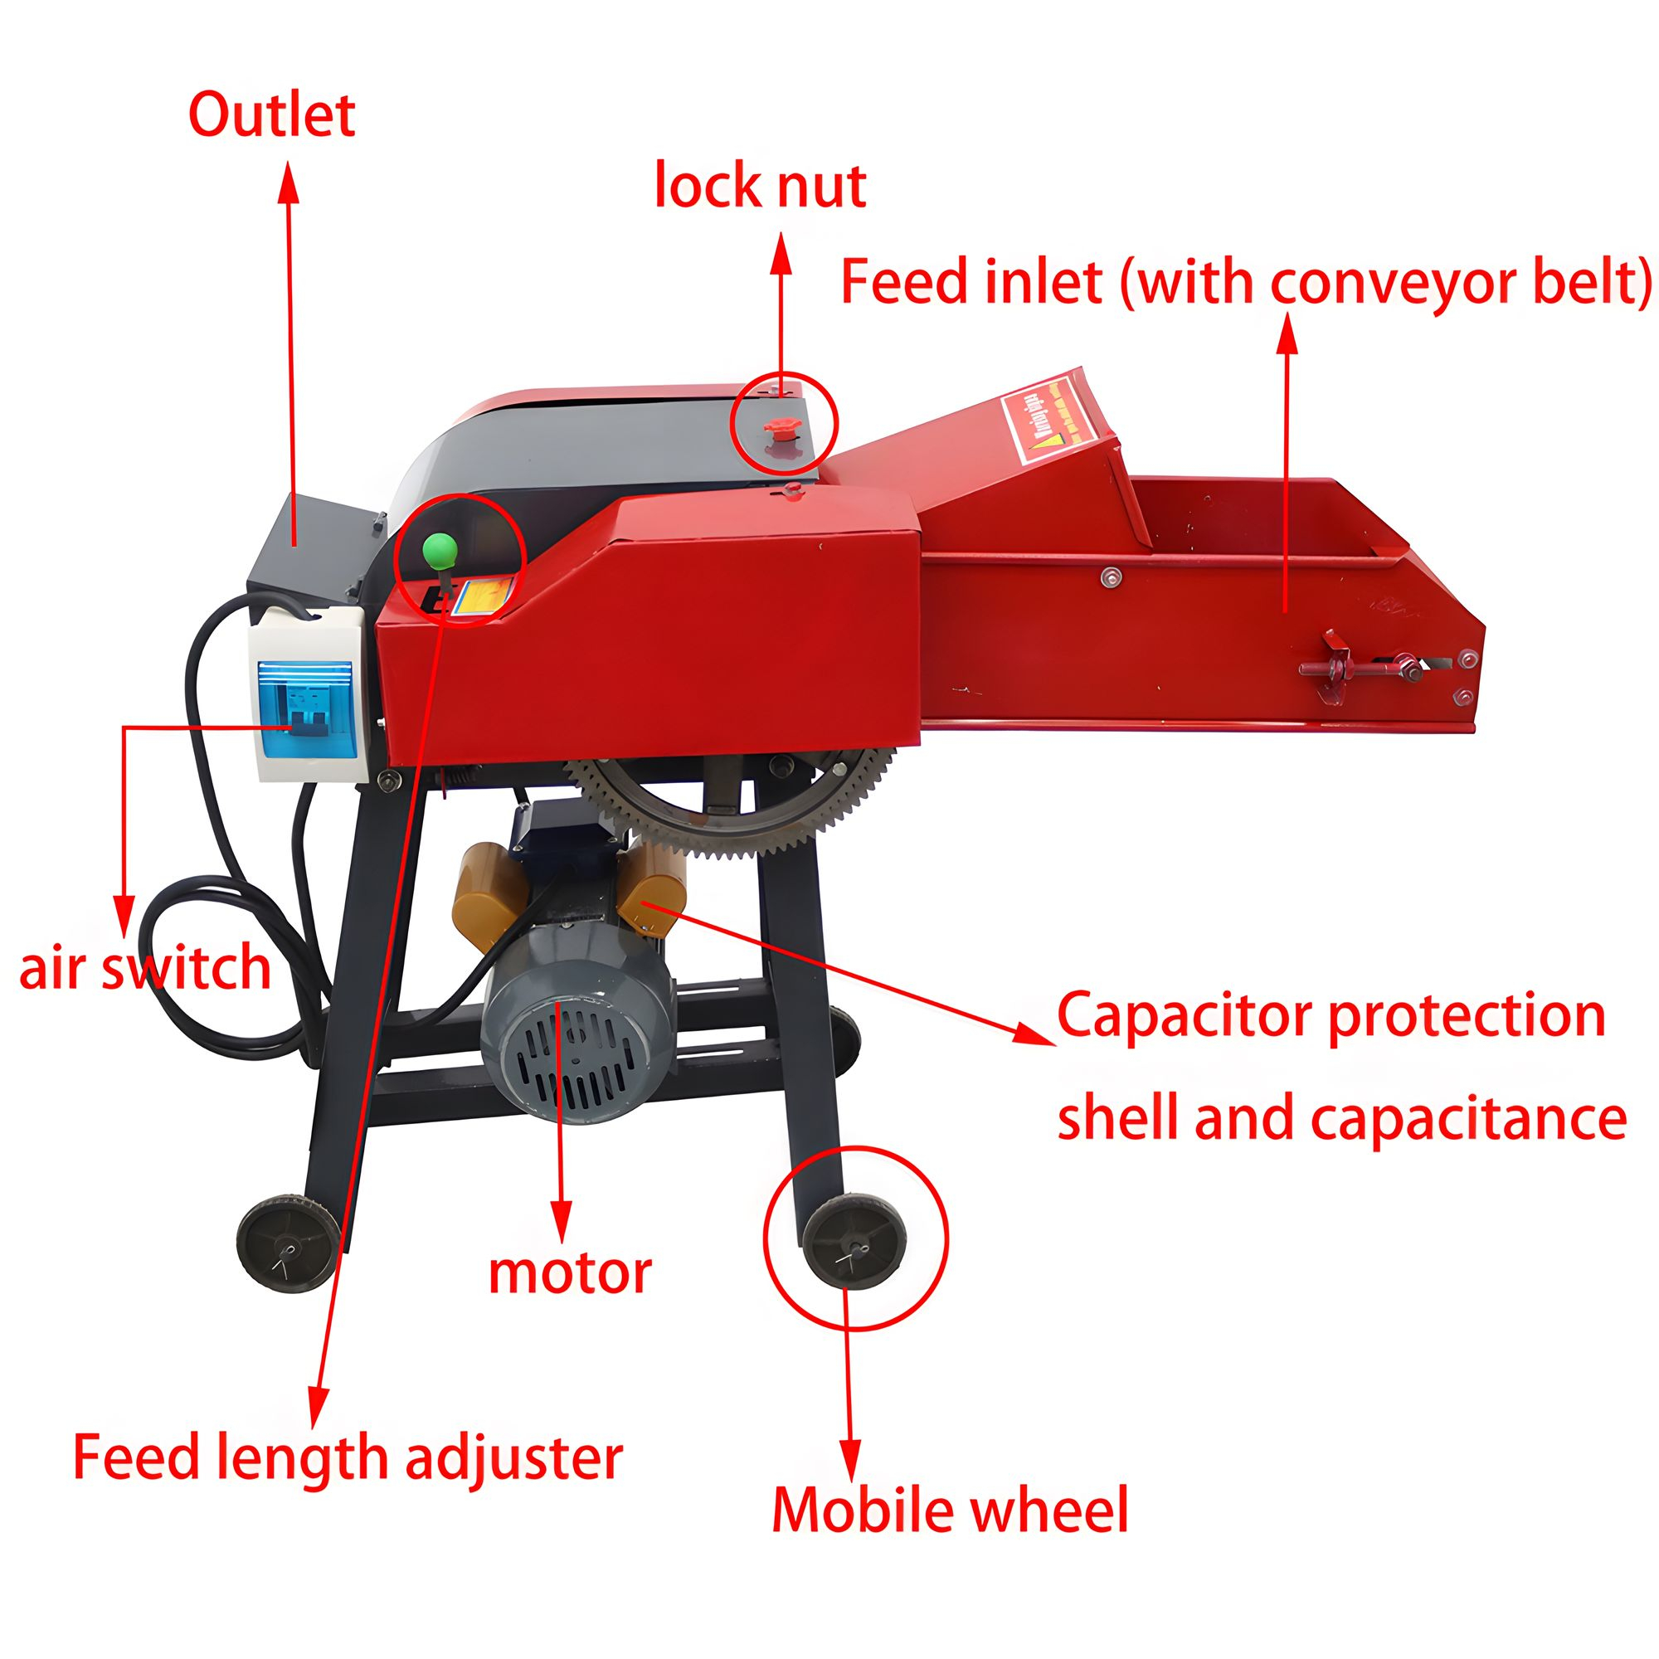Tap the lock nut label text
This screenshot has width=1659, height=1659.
[x=760, y=186]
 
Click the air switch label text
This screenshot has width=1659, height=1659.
[x=145, y=967]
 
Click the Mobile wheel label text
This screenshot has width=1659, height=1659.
[x=950, y=1511]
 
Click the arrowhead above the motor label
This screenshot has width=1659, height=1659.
[x=562, y=1220]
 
